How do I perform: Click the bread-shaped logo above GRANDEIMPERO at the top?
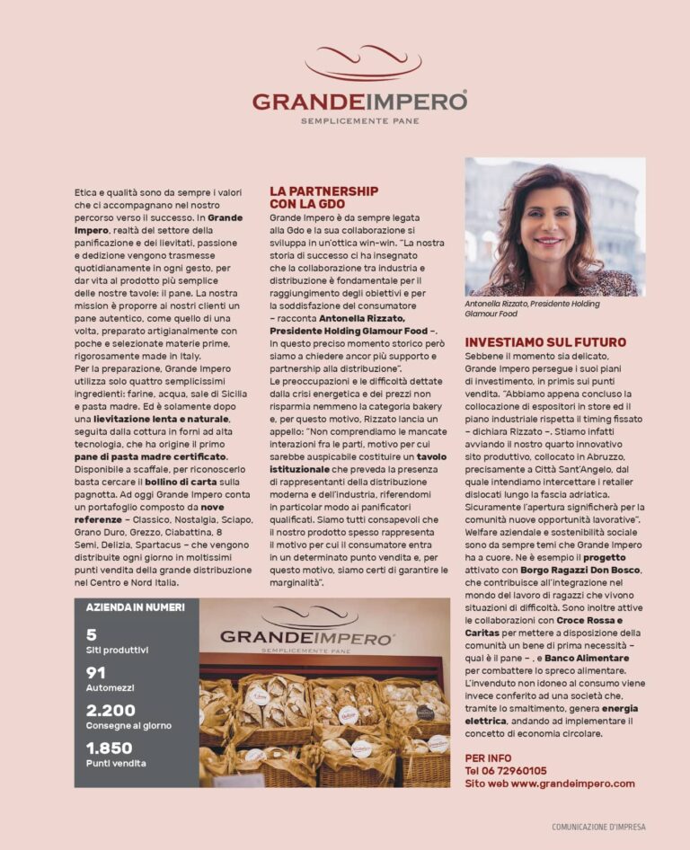362,63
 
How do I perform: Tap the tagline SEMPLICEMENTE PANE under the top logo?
359,120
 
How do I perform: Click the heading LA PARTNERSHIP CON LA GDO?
323,197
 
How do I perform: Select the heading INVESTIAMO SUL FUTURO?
545,342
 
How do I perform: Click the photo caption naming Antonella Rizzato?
532,309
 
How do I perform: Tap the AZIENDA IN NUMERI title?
135,607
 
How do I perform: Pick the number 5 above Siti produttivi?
92,635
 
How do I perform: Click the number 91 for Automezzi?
96,673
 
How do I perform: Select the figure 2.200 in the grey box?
111,710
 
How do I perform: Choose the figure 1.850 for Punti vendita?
110,748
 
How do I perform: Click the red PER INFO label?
489,758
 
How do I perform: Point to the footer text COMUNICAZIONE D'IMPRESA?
598,827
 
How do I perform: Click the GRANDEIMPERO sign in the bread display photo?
307,636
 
